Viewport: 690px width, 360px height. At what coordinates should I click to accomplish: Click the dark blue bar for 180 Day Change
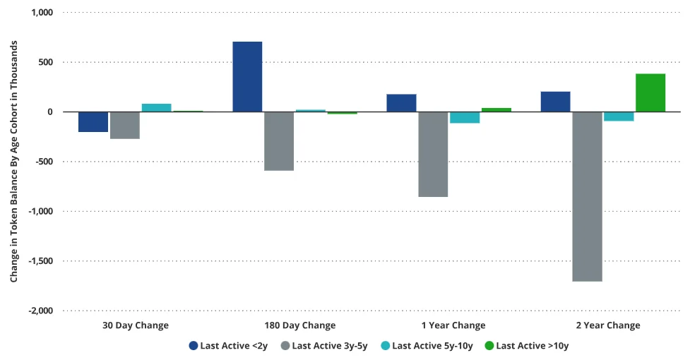(247, 76)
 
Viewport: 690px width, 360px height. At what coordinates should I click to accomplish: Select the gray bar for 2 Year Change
(587, 196)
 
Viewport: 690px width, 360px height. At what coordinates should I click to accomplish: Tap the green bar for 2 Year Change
(650, 92)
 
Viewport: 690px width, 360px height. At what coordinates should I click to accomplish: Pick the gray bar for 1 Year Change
(433, 154)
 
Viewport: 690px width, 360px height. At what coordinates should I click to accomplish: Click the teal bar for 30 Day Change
(156, 107)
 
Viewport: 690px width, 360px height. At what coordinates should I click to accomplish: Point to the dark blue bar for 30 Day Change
(93, 121)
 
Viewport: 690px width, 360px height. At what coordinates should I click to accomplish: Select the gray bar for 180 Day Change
(279, 141)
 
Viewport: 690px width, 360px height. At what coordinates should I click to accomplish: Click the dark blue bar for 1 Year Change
(401, 103)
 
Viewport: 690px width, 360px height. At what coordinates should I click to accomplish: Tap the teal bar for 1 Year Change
(464, 117)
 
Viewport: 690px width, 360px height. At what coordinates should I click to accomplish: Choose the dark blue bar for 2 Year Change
(555, 102)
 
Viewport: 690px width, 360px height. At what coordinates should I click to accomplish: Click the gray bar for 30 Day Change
(125, 125)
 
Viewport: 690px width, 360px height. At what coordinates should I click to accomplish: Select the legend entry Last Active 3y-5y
(324, 346)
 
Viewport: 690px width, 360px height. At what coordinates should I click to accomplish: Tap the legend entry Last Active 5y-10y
(426, 346)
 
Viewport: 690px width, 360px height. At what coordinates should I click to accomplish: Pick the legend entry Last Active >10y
(526, 346)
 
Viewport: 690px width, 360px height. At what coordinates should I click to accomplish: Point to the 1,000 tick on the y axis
(41, 13)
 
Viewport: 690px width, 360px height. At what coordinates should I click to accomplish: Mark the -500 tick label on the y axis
(44, 162)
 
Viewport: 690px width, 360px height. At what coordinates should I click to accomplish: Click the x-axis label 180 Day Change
(299, 325)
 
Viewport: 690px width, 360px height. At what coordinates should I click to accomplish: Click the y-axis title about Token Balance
(13, 162)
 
